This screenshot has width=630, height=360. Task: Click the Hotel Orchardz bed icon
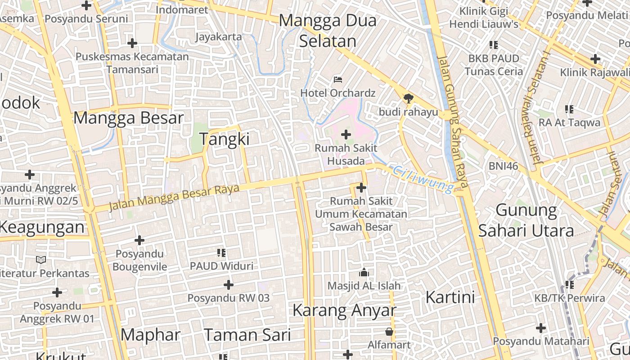click(338, 80)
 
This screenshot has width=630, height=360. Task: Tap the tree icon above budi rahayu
click(408, 98)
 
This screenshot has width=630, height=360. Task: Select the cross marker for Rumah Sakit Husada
click(346, 134)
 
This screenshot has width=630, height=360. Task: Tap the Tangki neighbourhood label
click(224, 139)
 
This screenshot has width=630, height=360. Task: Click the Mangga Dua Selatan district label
click(328, 31)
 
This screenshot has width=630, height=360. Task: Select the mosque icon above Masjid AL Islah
click(364, 272)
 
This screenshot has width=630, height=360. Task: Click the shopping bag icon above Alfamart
click(389, 332)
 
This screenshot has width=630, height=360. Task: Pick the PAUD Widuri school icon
click(221, 253)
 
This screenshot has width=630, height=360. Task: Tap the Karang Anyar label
click(344, 310)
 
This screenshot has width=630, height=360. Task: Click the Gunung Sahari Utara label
click(526, 220)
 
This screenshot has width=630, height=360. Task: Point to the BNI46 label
click(504, 166)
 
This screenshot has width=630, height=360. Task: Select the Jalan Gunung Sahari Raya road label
click(452, 121)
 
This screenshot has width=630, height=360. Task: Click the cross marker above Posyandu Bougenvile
click(139, 240)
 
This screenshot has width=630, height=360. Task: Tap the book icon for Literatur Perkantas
click(41, 260)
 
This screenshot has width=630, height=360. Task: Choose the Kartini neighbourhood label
click(450, 297)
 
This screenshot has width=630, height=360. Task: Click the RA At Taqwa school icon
click(569, 109)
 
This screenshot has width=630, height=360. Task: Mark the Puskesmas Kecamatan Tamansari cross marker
click(132, 43)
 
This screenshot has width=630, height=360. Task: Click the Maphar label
click(150, 335)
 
